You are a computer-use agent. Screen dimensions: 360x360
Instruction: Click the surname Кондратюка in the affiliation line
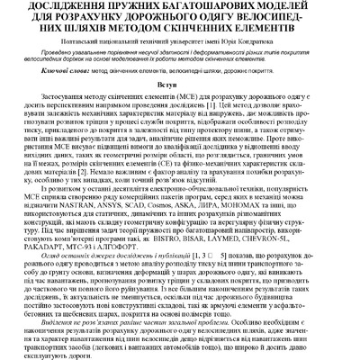(283, 43)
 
